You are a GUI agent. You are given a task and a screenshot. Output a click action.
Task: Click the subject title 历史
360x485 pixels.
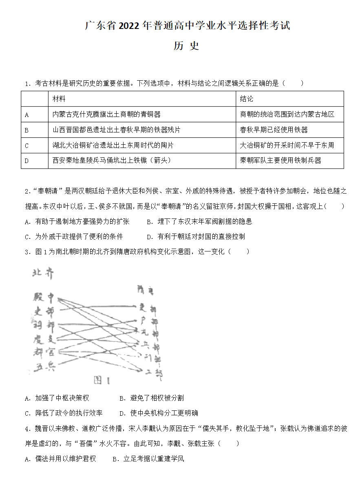tap(186, 46)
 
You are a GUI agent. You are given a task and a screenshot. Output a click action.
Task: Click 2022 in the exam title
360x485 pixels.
tap(130, 26)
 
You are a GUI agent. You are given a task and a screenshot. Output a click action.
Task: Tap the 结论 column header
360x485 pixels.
tap(247, 99)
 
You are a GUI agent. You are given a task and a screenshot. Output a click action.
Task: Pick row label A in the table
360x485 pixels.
tap(27, 115)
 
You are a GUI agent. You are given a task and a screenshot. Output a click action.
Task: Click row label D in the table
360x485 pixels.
tap(27, 161)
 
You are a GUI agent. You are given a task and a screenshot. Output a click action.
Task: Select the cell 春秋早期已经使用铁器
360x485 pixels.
tap(274, 130)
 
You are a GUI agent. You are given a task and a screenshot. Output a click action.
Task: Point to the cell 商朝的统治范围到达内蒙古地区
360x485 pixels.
tap(287, 115)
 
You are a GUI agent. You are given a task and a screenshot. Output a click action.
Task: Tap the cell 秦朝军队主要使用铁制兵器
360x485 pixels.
tap(281, 161)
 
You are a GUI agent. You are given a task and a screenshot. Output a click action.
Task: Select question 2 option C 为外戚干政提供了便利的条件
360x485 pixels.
tap(74, 237)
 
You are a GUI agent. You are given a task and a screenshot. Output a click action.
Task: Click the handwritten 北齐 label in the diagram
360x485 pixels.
tap(43, 274)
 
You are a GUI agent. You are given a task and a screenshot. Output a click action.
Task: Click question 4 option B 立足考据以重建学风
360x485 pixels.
tap(148, 459)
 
